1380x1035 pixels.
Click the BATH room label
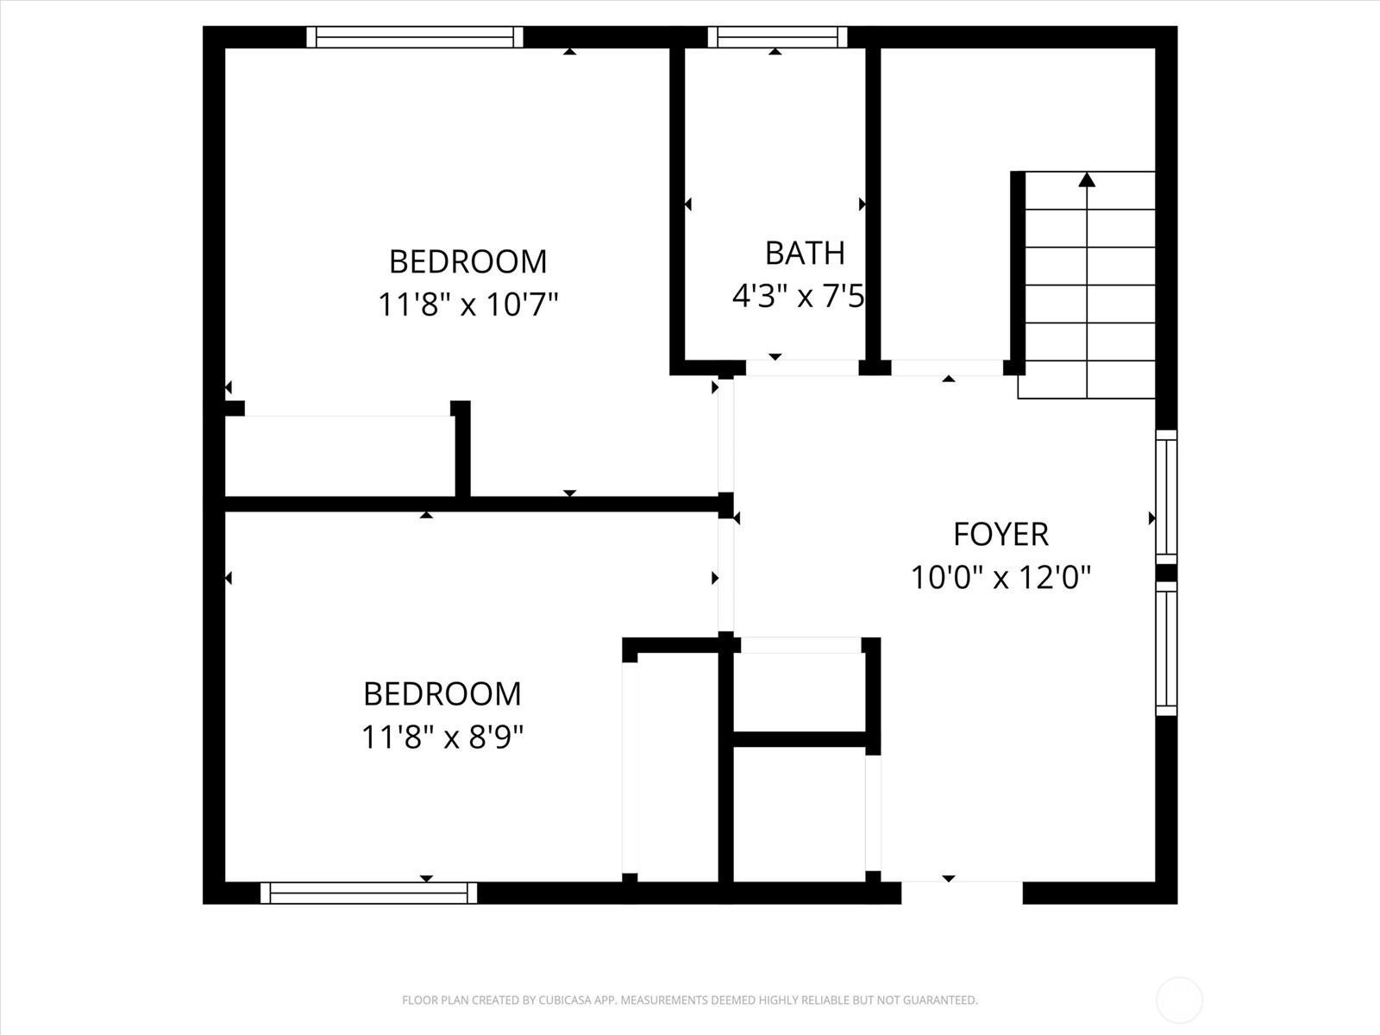pos(805,253)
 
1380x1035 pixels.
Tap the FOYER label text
pos(1000,535)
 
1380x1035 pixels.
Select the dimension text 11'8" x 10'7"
pos(468,304)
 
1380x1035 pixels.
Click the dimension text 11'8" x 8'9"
pos(442,737)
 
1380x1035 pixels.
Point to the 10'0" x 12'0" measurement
pos(1000,577)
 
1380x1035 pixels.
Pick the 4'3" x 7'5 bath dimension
pos(798,297)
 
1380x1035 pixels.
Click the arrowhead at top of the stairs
pos(1087,179)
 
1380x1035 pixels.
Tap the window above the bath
pos(777,37)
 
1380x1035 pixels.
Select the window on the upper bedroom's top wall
pos(415,37)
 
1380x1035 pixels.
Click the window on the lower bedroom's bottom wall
pos(368,893)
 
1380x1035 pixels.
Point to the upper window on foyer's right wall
pos(1166,496)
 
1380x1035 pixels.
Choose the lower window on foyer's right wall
pos(1166,649)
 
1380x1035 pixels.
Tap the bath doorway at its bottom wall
pos(802,368)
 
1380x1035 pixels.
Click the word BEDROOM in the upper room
pos(468,261)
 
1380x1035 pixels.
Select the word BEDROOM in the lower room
pos(442,694)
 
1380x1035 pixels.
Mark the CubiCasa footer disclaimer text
pos(690,1000)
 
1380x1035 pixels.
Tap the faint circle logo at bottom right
pos(1179,1000)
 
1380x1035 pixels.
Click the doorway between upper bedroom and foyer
pos(725,436)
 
